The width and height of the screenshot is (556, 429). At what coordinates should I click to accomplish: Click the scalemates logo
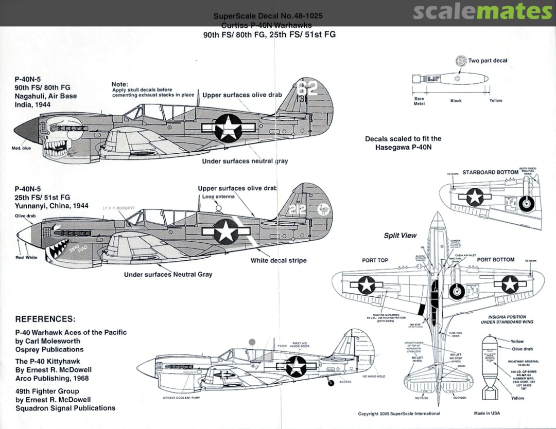482,12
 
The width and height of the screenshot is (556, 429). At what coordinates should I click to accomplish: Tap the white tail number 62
307,89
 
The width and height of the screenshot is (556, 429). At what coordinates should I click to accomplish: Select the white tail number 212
298,209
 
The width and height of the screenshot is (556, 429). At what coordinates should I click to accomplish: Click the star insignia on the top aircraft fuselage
227,128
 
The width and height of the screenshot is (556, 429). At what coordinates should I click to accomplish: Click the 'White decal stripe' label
279,261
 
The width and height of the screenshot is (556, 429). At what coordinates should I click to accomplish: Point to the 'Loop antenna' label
218,196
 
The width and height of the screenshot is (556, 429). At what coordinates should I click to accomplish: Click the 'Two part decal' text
487,61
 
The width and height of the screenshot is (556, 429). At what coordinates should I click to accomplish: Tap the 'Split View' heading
400,236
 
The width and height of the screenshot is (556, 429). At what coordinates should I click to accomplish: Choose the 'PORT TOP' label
375,260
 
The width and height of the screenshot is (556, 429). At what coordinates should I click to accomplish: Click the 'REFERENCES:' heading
45,319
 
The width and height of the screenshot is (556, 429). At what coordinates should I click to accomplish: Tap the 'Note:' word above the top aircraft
119,84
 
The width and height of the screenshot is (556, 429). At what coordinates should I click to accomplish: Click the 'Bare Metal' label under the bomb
419,101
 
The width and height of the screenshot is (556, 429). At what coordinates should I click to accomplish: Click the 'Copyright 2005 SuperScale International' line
399,413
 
